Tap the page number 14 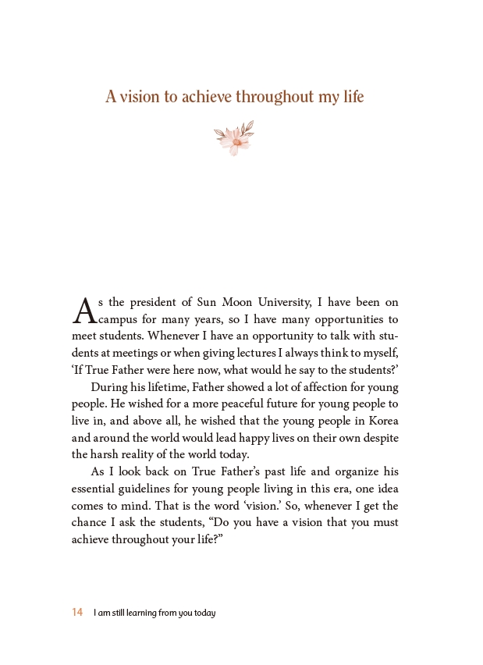(77, 613)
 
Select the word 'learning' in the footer (140, 613)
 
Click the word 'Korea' (382, 421)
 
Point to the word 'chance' (88, 522)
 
